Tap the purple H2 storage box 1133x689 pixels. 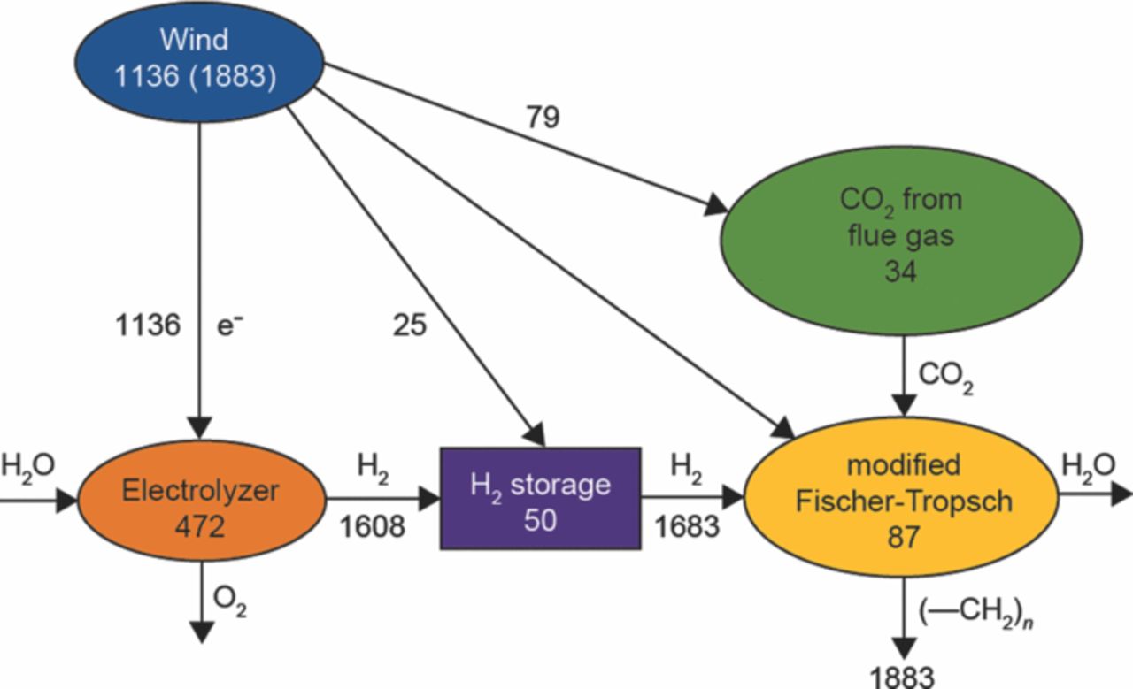539,499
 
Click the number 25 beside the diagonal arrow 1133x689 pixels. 409,325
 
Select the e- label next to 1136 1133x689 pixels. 228,325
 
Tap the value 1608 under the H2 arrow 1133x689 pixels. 374,528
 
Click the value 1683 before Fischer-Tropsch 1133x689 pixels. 686,528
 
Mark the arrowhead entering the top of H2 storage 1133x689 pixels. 537,437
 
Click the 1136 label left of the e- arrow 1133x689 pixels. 148,325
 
